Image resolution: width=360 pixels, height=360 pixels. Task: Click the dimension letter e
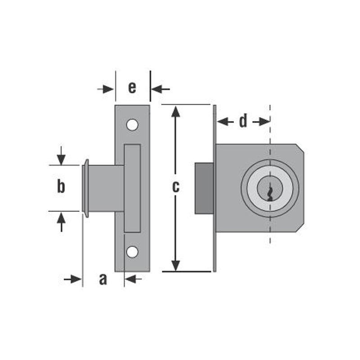coord(132,87)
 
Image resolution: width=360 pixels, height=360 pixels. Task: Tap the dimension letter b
coord(61,186)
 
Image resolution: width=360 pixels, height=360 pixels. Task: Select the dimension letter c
coord(176,186)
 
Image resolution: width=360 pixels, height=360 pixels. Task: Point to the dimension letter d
coord(243,121)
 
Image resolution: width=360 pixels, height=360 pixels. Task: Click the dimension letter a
coord(103,279)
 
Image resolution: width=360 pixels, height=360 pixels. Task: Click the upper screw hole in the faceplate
coord(132,125)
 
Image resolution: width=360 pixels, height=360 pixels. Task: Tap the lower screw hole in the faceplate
coord(132,252)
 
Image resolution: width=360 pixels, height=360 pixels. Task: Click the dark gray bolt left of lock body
coord(204,188)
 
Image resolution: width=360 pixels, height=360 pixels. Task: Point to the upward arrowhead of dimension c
coord(176,111)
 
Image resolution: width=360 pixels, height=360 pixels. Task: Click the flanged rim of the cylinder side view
coord(85,188)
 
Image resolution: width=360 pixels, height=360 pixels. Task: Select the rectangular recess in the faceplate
coord(132,188)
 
